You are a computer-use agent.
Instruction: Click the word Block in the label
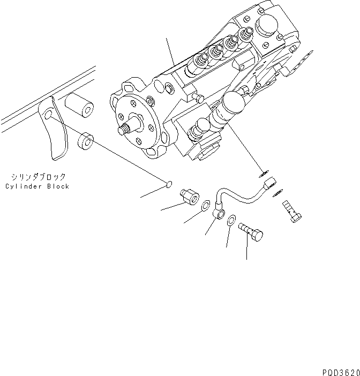pyautogui.click(x=57, y=186)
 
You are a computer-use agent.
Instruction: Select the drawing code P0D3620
pyautogui.click(x=340, y=370)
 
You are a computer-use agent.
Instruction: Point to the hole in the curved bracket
pyautogui.click(x=48, y=115)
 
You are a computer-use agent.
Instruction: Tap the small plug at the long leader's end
pyautogui.click(x=169, y=185)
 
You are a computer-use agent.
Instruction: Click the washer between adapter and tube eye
pyautogui.click(x=206, y=206)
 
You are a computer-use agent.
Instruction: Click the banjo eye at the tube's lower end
pyautogui.click(x=219, y=213)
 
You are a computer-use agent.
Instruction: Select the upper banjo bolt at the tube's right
pyautogui.click(x=291, y=213)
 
